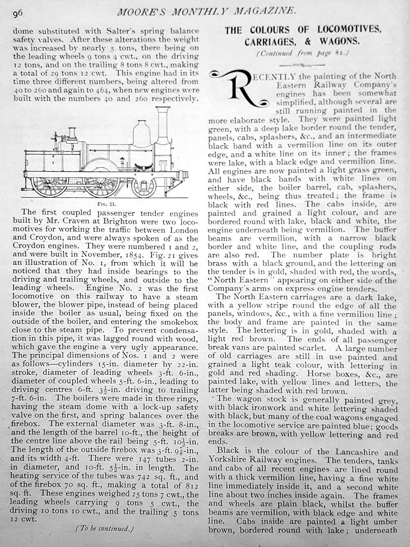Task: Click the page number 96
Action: [17, 14]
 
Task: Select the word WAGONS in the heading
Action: [340, 41]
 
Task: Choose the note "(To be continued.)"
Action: [105, 528]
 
